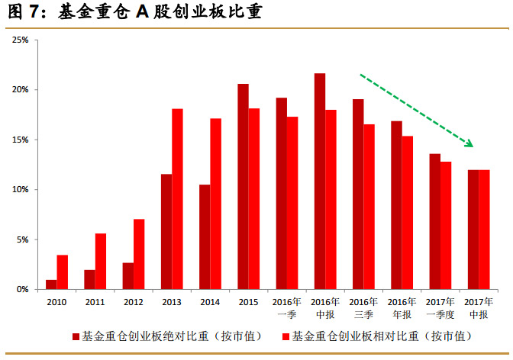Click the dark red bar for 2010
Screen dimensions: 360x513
point(51,284)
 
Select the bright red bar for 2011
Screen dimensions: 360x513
point(101,262)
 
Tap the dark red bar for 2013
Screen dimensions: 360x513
point(166,232)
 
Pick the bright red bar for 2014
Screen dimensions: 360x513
point(215,204)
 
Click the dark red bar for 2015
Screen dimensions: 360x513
point(243,187)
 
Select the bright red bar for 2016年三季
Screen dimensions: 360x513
point(369,207)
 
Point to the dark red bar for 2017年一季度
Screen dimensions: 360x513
point(434,221)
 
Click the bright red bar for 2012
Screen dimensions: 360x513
point(139,254)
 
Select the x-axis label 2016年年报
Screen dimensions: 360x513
point(402,307)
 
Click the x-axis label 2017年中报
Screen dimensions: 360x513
point(478,307)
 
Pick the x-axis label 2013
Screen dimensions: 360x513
point(172,302)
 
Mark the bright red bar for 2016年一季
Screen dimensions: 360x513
point(292,203)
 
